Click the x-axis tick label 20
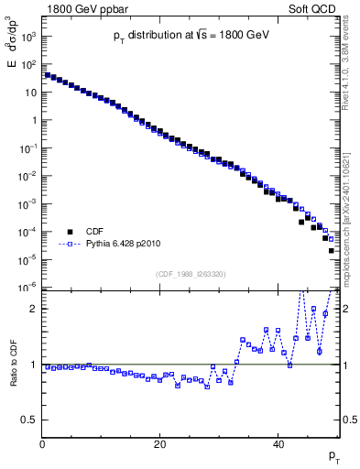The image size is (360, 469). pos(160,444)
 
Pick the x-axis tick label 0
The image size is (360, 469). pos(42,444)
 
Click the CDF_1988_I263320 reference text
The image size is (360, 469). pos(190,274)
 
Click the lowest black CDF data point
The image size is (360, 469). pos(332,249)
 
